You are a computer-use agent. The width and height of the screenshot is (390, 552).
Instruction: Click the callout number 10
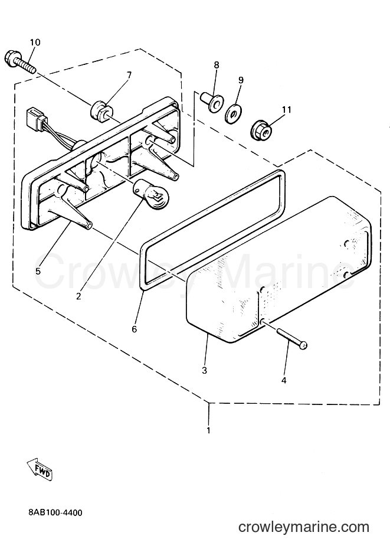35,43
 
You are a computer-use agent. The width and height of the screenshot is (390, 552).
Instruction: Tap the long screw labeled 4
292,339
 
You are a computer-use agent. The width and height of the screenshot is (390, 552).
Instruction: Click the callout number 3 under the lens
204,371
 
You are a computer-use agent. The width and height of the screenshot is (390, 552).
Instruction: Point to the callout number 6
135,329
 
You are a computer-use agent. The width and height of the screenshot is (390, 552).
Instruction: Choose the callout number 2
78,296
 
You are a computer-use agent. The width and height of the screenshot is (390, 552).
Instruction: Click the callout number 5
38,271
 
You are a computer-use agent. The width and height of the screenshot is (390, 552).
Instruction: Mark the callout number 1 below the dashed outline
208,430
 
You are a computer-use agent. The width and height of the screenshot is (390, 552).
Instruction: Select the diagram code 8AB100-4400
55,512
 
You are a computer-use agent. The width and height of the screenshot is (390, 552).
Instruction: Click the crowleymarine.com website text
304,527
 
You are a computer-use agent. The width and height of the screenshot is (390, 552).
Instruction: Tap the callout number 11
287,110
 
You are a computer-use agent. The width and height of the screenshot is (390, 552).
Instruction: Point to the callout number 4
284,381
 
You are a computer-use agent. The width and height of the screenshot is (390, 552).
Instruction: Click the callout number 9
241,80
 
